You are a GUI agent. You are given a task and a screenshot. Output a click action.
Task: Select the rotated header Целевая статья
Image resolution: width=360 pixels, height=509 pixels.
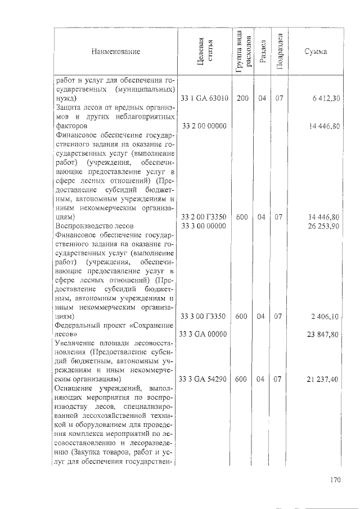click(203, 52)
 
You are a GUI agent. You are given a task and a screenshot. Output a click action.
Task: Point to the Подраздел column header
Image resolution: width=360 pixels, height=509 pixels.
click(280, 52)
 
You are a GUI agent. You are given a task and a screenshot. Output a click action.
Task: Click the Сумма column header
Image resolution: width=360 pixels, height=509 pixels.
click(316, 52)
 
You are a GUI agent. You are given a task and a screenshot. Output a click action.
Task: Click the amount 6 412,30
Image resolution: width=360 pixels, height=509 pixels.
click(326, 98)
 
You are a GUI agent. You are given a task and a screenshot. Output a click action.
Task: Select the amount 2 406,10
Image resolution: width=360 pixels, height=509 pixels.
click(326, 317)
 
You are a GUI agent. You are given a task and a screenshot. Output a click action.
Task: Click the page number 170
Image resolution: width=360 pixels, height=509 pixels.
click(336, 480)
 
